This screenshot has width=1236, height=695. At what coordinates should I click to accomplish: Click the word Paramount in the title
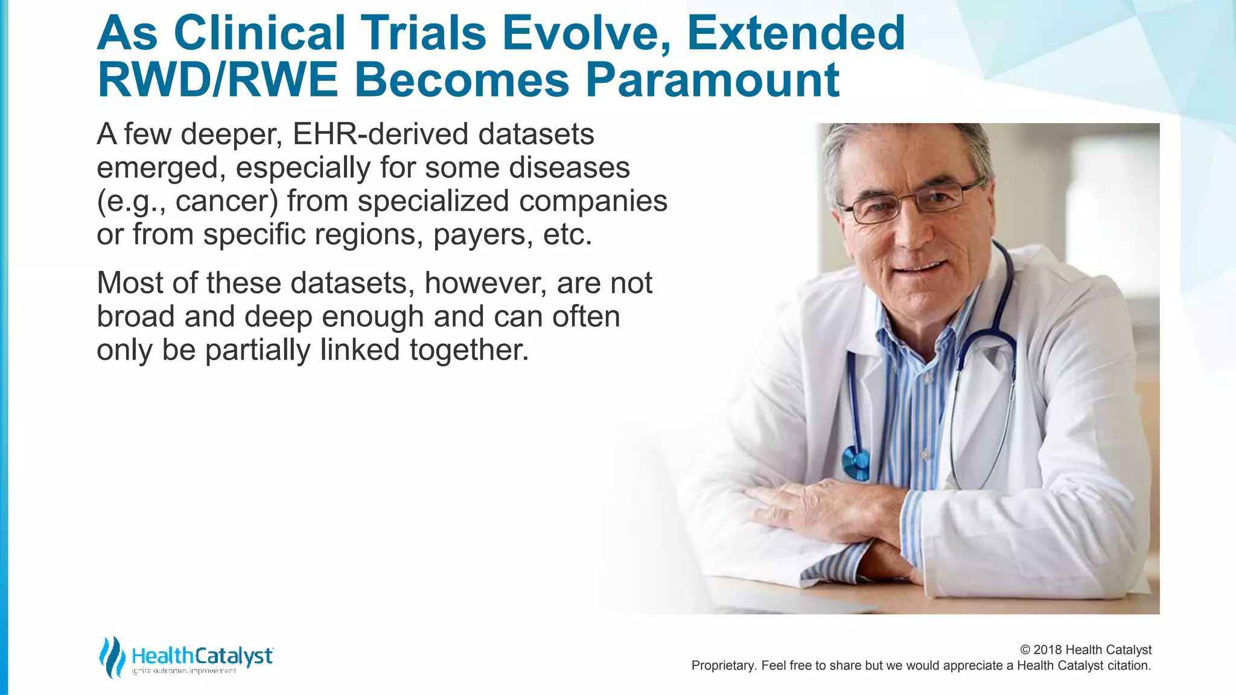(x=712, y=80)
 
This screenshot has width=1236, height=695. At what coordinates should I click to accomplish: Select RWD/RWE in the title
(x=217, y=80)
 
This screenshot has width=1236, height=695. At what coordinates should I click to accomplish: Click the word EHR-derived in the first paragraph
(x=380, y=134)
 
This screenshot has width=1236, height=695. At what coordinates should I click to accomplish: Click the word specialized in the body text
(x=433, y=202)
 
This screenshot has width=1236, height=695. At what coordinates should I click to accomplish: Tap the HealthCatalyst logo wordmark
(x=202, y=656)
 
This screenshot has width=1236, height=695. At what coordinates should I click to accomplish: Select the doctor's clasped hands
(x=845, y=513)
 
